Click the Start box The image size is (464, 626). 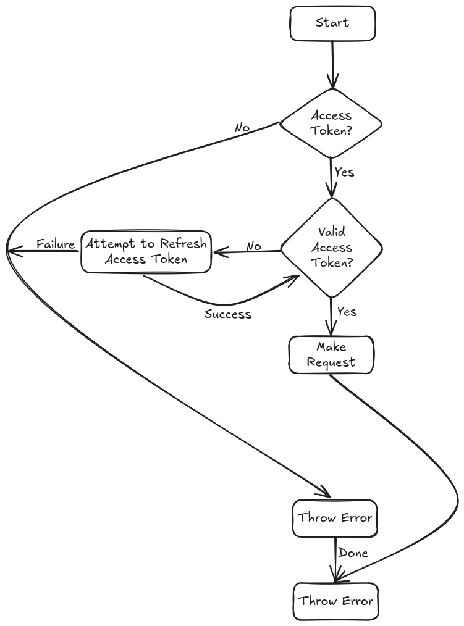pos(332,23)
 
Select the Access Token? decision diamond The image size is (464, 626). pos(331,123)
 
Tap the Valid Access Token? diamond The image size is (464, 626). pos(332,248)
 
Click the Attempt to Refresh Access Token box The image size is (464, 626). pos(146,251)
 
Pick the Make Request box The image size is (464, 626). pos(331,355)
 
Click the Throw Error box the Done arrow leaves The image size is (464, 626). pos(335,517)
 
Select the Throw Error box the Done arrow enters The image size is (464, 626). pos(335,601)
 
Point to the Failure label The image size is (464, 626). pos(56,244)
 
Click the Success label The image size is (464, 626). pos(228,314)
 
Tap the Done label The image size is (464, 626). pos(353,553)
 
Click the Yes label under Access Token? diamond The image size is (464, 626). pos(345,172)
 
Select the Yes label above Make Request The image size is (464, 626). pos(347,312)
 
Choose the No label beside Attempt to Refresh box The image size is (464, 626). pos(254,246)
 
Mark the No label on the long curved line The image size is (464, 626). pos(242,128)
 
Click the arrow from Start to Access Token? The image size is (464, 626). pos(332,62)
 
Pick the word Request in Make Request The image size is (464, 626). pos(331,362)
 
